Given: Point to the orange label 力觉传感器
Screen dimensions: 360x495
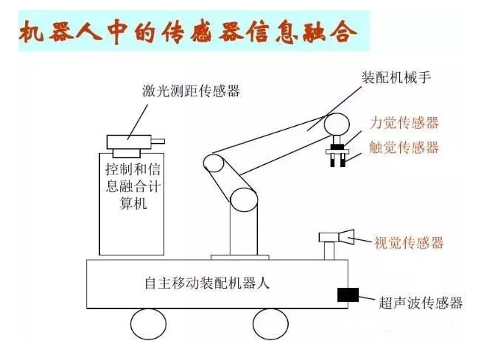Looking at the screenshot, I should [x=407, y=123].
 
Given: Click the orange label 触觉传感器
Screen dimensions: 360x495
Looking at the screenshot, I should [x=407, y=147].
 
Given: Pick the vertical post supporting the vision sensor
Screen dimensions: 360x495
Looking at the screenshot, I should [x=329, y=252].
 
